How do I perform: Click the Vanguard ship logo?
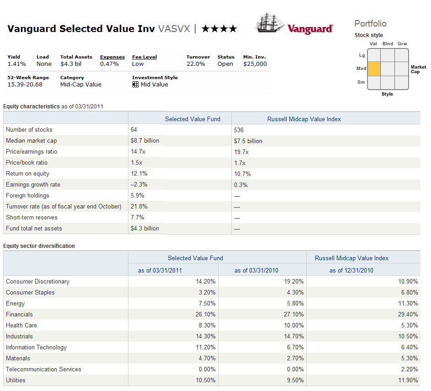270,23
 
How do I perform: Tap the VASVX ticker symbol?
174,29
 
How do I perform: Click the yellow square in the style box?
374,69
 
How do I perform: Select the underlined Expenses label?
112,57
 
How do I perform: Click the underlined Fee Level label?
144,57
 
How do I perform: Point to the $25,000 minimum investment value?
255,64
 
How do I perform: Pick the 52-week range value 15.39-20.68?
25,85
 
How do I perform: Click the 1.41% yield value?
16,64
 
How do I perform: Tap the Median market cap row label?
32,141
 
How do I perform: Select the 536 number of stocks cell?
239,130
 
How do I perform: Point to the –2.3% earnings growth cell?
139,185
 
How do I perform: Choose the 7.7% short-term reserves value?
138,218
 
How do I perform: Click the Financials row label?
19,315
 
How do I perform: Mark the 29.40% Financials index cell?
408,315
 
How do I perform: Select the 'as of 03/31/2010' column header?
256,270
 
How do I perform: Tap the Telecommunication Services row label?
43,370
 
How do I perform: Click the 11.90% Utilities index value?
408,380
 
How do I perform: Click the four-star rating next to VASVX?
219,29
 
